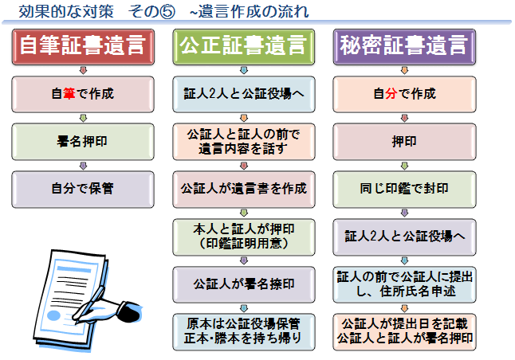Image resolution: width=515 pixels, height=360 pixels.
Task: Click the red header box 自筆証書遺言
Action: pyautogui.click(x=83, y=47)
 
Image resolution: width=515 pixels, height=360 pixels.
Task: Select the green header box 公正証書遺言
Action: pyautogui.click(x=244, y=47)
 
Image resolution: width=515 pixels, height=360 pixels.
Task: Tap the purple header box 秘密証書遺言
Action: pyautogui.click(x=404, y=47)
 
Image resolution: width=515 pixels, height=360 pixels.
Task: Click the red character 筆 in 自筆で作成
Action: pyautogui.click(x=69, y=94)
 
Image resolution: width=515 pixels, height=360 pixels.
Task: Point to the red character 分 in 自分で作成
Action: pyautogui.click(x=391, y=94)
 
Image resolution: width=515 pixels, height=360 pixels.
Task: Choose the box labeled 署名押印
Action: pyautogui.click(x=83, y=142)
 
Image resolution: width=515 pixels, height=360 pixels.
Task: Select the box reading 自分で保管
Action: pyautogui.click(x=83, y=189)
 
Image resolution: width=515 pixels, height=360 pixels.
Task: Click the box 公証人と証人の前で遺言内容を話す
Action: pyautogui.click(x=244, y=142)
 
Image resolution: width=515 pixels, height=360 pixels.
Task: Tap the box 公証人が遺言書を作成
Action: pyautogui.click(x=244, y=189)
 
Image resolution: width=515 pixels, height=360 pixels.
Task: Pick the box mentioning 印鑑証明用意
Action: pyautogui.click(x=244, y=237)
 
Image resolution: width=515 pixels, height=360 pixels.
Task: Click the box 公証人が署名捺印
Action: pyautogui.click(x=244, y=284)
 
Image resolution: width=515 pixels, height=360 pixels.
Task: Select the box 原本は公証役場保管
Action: pyautogui.click(x=244, y=332)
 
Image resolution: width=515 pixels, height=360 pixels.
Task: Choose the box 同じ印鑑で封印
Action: pyautogui.click(x=404, y=189)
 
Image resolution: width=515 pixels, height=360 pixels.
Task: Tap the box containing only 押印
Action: pyautogui.click(x=404, y=142)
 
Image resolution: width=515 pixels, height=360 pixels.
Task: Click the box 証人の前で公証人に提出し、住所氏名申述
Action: pyautogui.click(x=404, y=284)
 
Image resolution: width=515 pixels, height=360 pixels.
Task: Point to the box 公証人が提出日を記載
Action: pyautogui.click(x=404, y=332)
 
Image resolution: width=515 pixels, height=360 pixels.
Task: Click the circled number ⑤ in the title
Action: pyautogui.click(x=167, y=12)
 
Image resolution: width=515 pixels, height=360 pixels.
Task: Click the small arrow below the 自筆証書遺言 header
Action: pyautogui.click(x=84, y=70)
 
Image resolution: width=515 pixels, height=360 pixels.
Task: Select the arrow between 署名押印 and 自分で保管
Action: pyautogui.click(x=84, y=166)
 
